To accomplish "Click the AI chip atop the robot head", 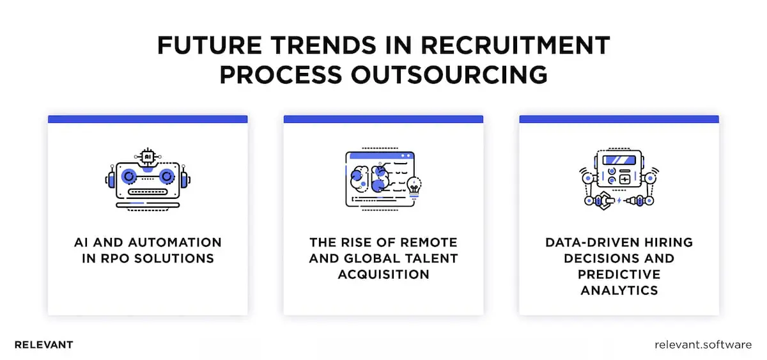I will (148, 156).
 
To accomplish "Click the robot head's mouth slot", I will (148, 191).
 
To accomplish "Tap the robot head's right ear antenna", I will (186, 177).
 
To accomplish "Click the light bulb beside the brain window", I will (414, 185).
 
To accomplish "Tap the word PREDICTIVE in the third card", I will (619, 274).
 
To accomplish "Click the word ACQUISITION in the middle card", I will (383, 274).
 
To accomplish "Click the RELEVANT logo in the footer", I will (43, 345).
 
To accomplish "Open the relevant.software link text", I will (703, 345).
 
